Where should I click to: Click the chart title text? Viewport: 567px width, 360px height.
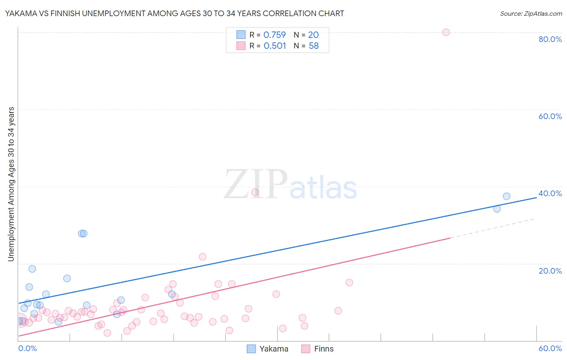click(x=175, y=13)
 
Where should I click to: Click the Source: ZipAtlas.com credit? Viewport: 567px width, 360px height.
click(x=531, y=13)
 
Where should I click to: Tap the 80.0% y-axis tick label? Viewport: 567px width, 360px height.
click(x=550, y=39)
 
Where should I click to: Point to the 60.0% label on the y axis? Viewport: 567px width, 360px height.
click(x=550, y=116)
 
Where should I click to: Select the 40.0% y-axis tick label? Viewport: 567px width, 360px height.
click(x=550, y=193)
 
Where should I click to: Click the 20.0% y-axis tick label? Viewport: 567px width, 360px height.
click(x=550, y=271)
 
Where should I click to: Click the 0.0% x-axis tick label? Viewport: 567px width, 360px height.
click(x=27, y=348)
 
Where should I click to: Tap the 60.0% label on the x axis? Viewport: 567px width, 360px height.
click(x=550, y=348)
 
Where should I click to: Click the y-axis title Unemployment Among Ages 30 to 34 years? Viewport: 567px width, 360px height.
click(x=11, y=184)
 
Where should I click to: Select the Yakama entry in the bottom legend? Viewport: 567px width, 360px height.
click(x=267, y=349)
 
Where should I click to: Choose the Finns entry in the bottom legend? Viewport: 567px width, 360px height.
click(x=318, y=349)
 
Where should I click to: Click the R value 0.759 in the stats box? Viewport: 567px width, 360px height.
click(x=275, y=35)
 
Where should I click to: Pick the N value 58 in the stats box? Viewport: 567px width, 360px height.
click(x=314, y=46)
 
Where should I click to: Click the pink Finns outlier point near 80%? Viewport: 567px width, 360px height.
click(x=446, y=32)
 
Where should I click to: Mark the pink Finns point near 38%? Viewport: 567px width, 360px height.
click(x=255, y=192)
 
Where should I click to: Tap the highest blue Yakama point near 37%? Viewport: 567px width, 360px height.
click(x=507, y=196)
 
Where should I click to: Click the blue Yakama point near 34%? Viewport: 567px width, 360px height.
click(x=497, y=209)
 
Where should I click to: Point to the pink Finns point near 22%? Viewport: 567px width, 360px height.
click(x=202, y=257)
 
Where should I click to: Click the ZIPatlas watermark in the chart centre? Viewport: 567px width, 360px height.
click(x=290, y=185)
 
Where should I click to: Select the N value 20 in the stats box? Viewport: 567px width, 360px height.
click(x=313, y=35)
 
